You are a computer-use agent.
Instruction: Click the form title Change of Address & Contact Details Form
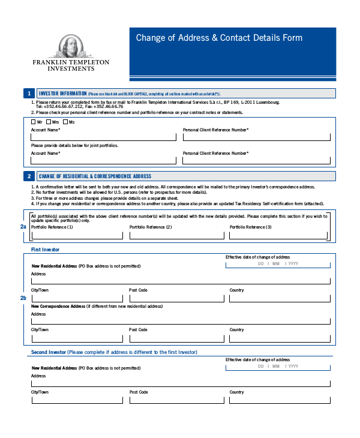point(219,38)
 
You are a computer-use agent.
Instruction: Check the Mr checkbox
point(33,122)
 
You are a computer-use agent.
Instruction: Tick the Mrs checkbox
point(49,122)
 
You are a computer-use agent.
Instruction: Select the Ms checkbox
point(65,122)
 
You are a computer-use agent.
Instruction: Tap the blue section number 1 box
point(28,93)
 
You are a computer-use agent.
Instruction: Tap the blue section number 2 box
point(28,176)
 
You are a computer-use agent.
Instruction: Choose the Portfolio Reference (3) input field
point(278,235)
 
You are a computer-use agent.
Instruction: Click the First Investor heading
point(45,249)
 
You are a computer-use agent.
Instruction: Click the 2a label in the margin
point(23,227)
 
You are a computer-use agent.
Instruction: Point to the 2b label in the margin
point(23,298)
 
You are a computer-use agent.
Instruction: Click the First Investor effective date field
point(277,263)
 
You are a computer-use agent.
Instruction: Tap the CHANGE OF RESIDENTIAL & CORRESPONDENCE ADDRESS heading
point(95,176)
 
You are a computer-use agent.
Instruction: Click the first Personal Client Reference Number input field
point(256,137)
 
